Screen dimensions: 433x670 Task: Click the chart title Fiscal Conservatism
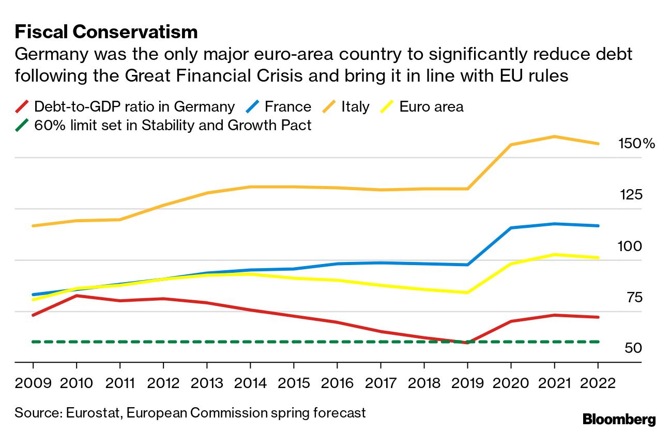click(x=106, y=32)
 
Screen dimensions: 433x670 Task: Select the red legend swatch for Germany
click(x=22, y=107)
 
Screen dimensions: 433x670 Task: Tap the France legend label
click(x=287, y=107)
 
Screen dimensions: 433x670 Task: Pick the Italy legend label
click(x=355, y=107)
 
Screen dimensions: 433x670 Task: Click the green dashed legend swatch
click(x=22, y=125)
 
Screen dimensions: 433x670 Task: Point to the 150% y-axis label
click(x=636, y=144)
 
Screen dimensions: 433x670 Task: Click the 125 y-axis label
click(x=631, y=195)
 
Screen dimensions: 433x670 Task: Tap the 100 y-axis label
click(x=630, y=246)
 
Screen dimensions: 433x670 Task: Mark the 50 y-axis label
click(x=633, y=348)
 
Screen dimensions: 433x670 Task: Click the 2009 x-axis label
click(x=33, y=383)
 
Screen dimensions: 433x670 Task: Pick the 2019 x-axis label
click(x=467, y=383)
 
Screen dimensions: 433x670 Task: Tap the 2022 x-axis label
click(x=598, y=383)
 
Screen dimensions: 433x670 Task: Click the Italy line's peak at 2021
click(x=554, y=136)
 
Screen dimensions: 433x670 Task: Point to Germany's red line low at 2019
click(x=467, y=343)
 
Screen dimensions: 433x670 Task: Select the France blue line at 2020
click(x=511, y=228)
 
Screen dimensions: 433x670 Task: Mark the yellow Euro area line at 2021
click(x=554, y=254)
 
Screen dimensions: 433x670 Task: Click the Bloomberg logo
click(x=619, y=419)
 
